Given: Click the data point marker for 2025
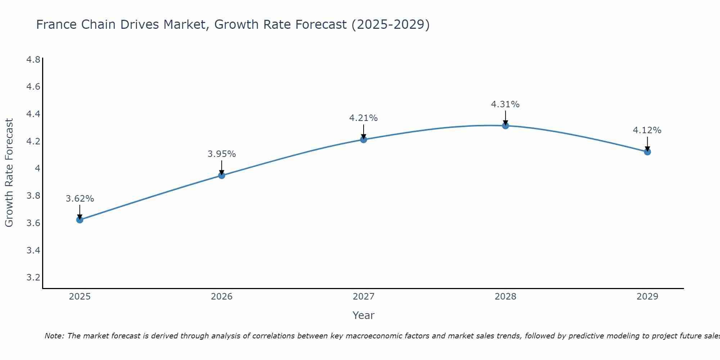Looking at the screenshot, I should [80, 220].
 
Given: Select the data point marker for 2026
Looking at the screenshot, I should [222, 175].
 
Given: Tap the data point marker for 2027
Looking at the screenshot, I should [364, 139].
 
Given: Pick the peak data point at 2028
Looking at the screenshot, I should [505, 126].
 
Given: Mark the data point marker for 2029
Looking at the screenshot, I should [647, 152].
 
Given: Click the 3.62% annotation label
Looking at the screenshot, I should [80, 199].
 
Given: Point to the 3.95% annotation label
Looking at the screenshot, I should [222, 154].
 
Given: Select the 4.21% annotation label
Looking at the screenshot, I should [364, 118].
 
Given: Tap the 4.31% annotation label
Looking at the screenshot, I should [505, 104].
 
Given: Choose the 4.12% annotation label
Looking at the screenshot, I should [647, 130].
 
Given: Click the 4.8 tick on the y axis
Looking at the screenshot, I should [33, 59].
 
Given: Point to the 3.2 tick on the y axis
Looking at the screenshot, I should [33, 278].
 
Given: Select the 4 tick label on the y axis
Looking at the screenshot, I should [37, 168].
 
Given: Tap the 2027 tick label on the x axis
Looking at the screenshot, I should [364, 297].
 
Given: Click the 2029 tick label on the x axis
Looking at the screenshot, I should [647, 297].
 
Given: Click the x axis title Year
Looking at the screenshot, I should [364, 315].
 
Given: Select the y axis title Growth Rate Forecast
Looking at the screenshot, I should [9, 173].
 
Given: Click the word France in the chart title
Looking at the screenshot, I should [57, 24].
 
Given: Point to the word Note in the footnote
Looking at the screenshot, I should [54, 336].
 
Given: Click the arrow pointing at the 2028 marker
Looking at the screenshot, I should [505, 118].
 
